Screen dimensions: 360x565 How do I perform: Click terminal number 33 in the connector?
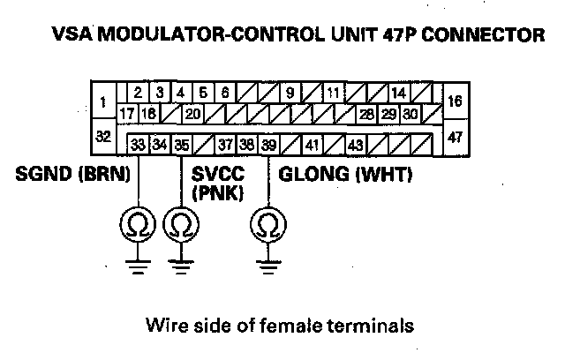139,144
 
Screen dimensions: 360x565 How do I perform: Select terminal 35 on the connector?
180,144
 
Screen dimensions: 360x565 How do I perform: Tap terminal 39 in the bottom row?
269,144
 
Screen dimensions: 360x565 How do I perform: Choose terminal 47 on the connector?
456,137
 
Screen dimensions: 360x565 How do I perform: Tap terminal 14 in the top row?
398,92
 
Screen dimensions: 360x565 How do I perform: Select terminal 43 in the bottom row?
355,144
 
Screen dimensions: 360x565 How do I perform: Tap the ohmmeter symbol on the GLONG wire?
265,227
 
